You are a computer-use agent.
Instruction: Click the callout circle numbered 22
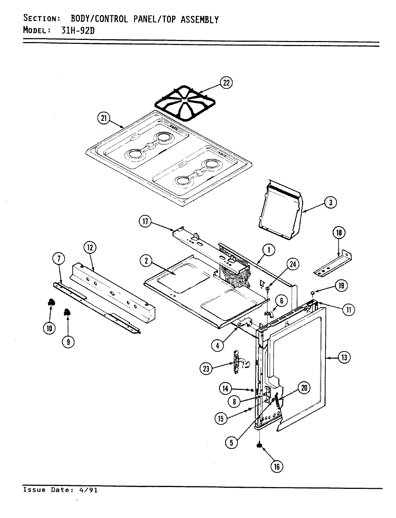(x=226, y=83)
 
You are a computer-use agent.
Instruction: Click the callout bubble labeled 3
(x=330, y=203)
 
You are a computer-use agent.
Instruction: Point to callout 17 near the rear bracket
(x=145, y=222)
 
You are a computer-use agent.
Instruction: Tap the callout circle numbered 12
(x=90, y=247)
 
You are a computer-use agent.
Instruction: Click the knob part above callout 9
(x=67, y=312)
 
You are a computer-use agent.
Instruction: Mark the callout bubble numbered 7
(x=59, y=258)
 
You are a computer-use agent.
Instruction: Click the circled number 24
(x=293, y=264)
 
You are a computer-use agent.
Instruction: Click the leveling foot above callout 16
(x=259, y=446)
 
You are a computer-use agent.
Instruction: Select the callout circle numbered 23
(x=206, y=368)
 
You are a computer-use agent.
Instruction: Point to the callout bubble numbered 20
(x=304, y=388)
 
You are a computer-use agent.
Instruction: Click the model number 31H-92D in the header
(x=77, y=30)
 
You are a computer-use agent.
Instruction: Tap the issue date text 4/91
(x=88, y=490)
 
